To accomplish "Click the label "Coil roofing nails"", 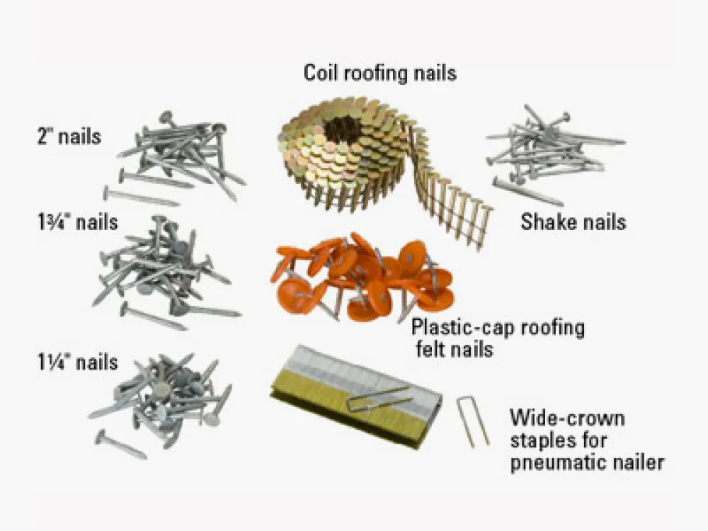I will pos(380,72).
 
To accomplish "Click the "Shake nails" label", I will pos(573,222).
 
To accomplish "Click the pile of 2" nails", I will pos(181,152).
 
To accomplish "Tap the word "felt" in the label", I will pos(432,350).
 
